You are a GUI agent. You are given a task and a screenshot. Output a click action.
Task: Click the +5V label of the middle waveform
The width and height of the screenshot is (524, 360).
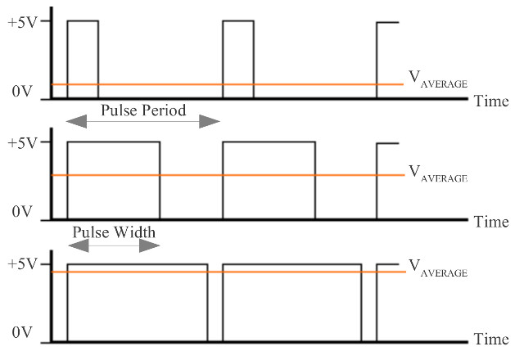pyautogui.click(x=22, y=142)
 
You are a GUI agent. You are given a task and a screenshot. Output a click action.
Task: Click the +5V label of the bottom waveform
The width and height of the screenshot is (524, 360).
pyautogui.click(x=22, y=264)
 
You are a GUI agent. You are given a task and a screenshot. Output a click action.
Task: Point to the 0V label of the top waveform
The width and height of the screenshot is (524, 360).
pyautogui.click(x=22, y=92)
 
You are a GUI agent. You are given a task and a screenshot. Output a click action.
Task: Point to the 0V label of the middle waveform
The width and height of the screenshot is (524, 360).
pyautogui.click(x=22, y=212)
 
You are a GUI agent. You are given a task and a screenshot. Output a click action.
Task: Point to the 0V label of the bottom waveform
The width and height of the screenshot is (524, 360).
pyautogui.click(x=22, y=335)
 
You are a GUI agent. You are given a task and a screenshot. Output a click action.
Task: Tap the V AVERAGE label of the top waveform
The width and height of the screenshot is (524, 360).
pyautogui.click(x=437, y=81)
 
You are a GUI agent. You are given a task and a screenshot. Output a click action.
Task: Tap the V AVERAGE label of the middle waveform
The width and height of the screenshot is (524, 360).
pyautogui.click(x=437, y=173)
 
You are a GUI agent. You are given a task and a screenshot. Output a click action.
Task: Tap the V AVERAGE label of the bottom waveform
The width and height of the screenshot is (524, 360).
pyautogui.click(x=437, y=268)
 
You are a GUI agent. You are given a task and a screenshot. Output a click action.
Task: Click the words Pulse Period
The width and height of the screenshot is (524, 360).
pyautogui.click(x=143, y=110)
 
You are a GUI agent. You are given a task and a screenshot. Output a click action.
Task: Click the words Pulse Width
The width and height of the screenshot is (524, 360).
pyautogui.click(x=113, y=232)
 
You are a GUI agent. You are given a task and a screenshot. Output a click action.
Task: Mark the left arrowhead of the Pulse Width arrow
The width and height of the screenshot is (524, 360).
pyautogui.click(x=76, y=245)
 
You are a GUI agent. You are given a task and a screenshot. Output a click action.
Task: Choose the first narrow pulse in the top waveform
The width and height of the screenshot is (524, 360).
pyautogui.click(x=83, y=57)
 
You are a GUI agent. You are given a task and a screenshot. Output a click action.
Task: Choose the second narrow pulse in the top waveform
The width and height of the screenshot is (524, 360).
pyautogui.click(x=238, y=57)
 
